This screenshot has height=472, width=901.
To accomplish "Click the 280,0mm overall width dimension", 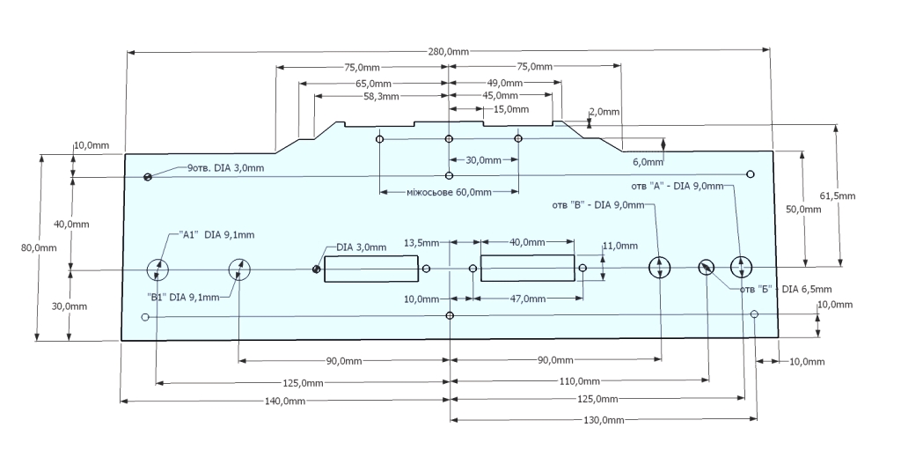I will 449,53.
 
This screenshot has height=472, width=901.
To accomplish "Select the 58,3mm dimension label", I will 381,96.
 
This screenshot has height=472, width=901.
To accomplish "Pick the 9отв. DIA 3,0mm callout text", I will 224,168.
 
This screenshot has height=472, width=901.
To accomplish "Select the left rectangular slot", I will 370,269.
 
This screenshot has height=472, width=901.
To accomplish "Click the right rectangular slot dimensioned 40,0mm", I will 528,269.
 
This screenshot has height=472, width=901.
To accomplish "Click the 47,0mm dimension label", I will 528,299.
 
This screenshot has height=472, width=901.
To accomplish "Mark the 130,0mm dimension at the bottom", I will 604,420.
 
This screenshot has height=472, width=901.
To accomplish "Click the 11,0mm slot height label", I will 619,246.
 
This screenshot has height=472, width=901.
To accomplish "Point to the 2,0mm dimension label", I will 604,112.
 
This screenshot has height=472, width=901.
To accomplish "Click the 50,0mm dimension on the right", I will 803,210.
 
